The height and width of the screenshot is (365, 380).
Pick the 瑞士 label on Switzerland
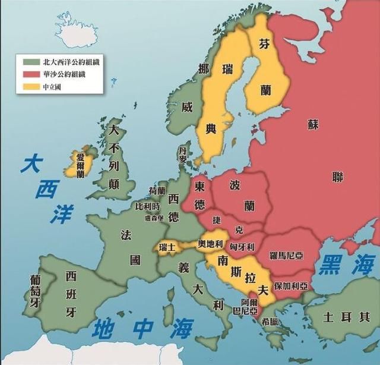tap(166, 246)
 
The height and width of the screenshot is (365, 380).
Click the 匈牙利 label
tap(242, 246)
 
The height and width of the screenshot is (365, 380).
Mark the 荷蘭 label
tap(157, 191)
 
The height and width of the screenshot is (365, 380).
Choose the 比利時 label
tap(147, 206)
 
